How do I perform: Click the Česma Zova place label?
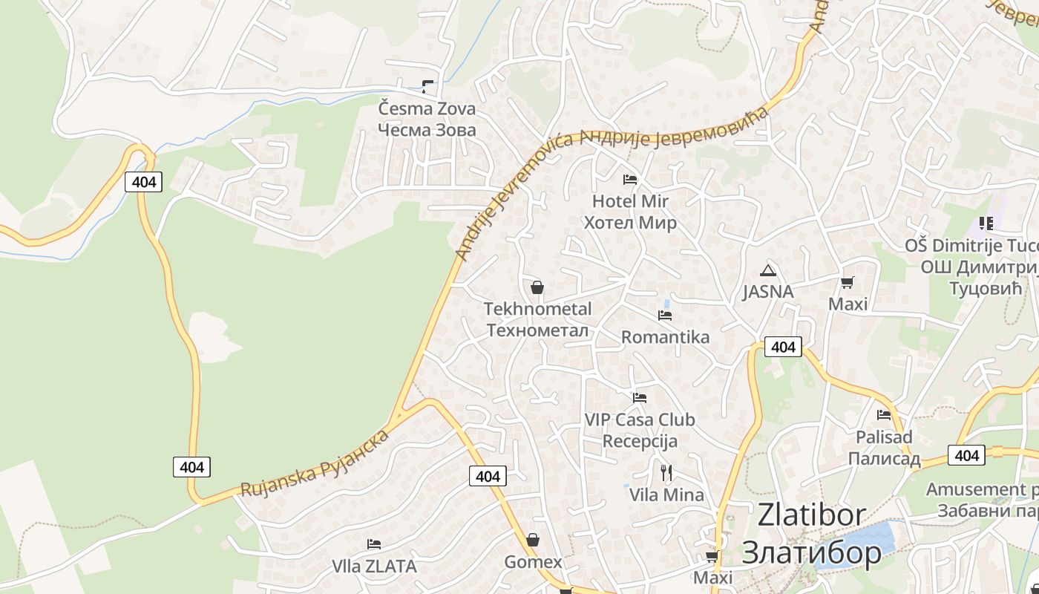pos(427,119)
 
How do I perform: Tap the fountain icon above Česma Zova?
pos(427,86)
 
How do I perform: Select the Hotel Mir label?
pos(630,212)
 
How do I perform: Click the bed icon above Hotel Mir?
pos(630,179)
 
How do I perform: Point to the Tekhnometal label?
pos(538,319)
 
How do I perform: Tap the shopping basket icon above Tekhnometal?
pos(537,287)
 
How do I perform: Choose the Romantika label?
pos(665,337)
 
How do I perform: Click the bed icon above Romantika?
pos(665,315)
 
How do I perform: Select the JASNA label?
pos(768,292)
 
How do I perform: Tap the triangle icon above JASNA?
pos(767,270)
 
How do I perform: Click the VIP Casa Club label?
pos(640,430)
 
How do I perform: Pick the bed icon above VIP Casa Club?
pos(640,398)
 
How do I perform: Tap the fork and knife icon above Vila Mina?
pos(666,472)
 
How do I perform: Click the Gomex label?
pos(533,562)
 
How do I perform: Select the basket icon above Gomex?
pos(532,540)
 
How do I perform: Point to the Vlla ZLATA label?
pos(374,566)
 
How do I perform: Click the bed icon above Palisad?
pos(884,415)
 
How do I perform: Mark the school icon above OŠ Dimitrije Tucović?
pos(986,223)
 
